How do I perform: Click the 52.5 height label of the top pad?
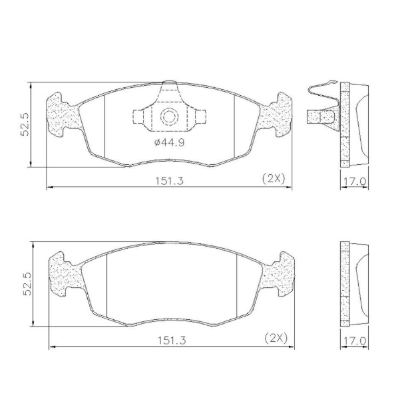(x=25, y=124)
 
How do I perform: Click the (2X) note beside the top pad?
(x=273, y=178)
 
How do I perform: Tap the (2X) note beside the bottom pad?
(x=275, y=337)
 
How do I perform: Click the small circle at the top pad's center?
(x=169, y=118)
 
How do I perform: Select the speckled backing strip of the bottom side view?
(x=344, y=283)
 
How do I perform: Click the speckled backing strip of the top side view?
(x=344, y=124)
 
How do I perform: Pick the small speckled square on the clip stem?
(x=311, y=117)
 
